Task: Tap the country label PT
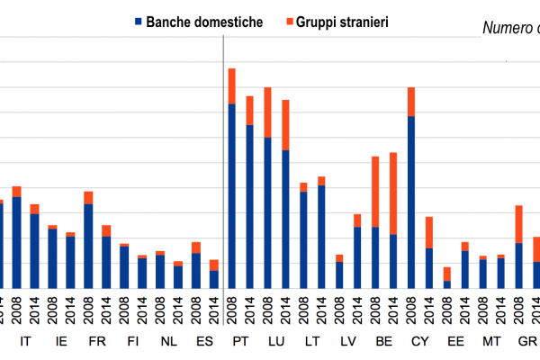pos(240,342)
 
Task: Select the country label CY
pos(420,342)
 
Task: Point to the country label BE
pos(384,342)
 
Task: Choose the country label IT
pos(25,342)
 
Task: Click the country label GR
pos(527,342)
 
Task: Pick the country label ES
pos(204,342)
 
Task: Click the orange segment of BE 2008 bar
pos(375,192)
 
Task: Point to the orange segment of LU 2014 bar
pos(285,125)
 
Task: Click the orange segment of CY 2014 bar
pos(429,232)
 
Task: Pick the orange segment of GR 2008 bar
pos(519,224)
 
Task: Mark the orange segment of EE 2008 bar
pos(447,274)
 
